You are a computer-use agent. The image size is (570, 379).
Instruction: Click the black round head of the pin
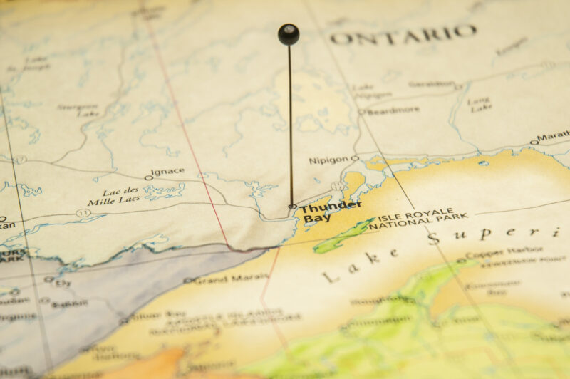[x=289, y=33]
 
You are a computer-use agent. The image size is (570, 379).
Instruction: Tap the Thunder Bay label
[x=329, y=212]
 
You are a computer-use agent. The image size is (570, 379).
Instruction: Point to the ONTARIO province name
[x=403, y=34]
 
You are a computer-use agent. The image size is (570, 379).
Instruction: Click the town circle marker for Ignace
[x=148, y=177]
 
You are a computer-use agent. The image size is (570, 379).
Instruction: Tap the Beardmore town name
[x=393, y=111]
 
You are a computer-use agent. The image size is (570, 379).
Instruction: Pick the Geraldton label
[x=431, y=84]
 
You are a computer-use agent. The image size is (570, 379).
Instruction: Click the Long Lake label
[x=479, y=105]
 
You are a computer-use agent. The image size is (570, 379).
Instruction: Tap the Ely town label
[x=63, y=283]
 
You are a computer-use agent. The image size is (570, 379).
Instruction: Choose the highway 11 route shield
[x=83, y=212]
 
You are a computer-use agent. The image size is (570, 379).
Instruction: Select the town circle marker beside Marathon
[x=533, y=142]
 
